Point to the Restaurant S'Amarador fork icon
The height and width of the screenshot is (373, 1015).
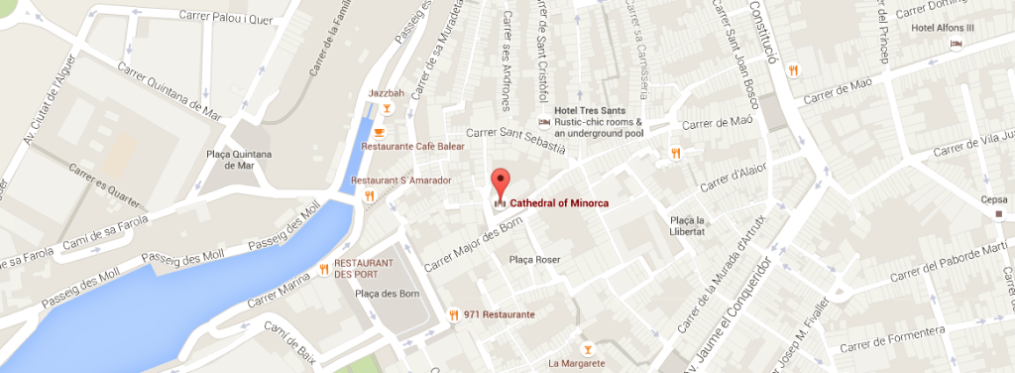click(369, 196)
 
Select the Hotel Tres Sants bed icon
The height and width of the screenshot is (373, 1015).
click(543, 122)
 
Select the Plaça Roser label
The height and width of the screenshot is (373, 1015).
click(534, 260)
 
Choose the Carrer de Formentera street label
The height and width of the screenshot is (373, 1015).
click(892, 338)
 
